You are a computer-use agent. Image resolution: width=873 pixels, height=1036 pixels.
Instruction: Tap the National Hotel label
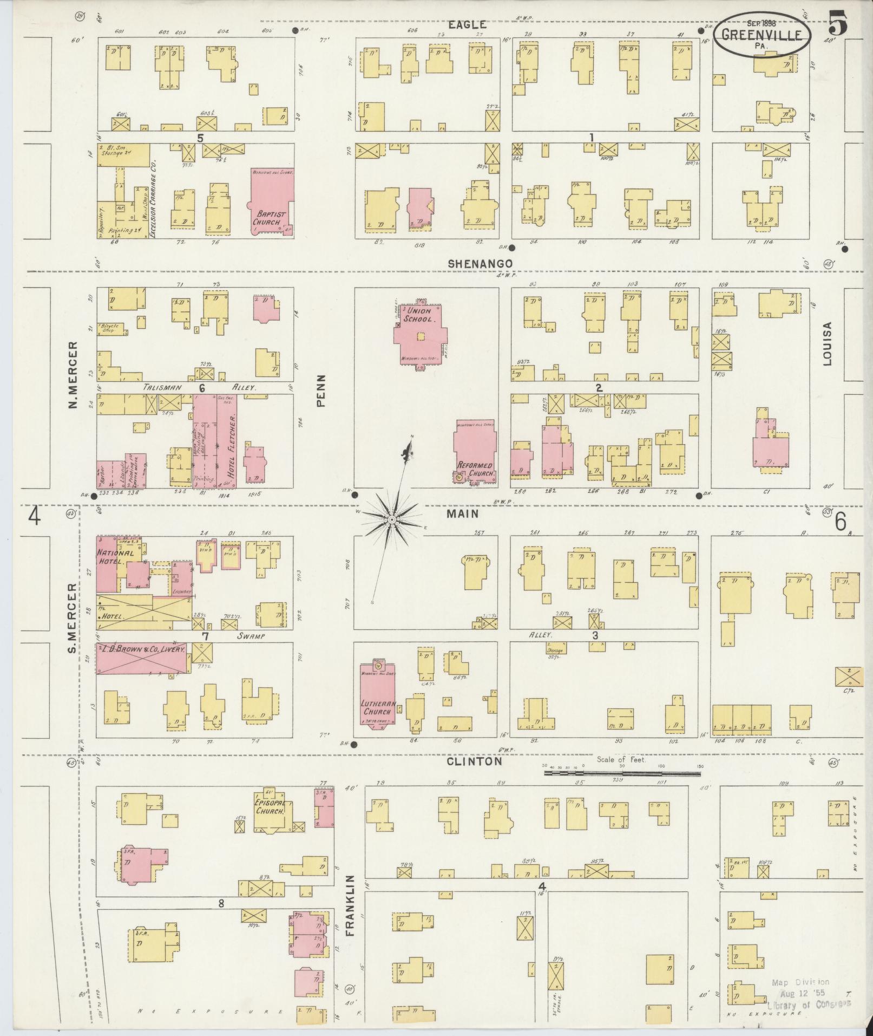click(x=115, y=558)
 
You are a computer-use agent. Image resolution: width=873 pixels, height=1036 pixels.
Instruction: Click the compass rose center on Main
click(x=391, y=520)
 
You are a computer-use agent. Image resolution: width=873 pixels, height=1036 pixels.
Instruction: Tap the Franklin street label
click(x=350, y=905)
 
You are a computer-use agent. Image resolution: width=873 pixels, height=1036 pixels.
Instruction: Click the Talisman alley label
click(x=147, y=388)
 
